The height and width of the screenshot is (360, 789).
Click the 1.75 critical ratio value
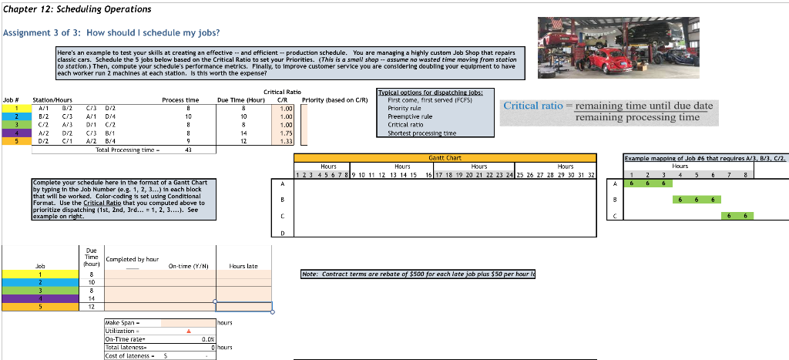[286, 133]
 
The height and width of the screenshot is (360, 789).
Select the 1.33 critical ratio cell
[286, 142]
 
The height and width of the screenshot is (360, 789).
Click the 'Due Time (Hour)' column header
[241, 100]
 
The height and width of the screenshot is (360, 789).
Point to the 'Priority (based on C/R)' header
[335, 100]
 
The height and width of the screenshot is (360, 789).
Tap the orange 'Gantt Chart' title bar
[445, 157]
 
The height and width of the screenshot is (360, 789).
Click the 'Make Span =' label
[123, 324]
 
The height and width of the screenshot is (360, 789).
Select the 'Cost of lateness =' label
[129, 355]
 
